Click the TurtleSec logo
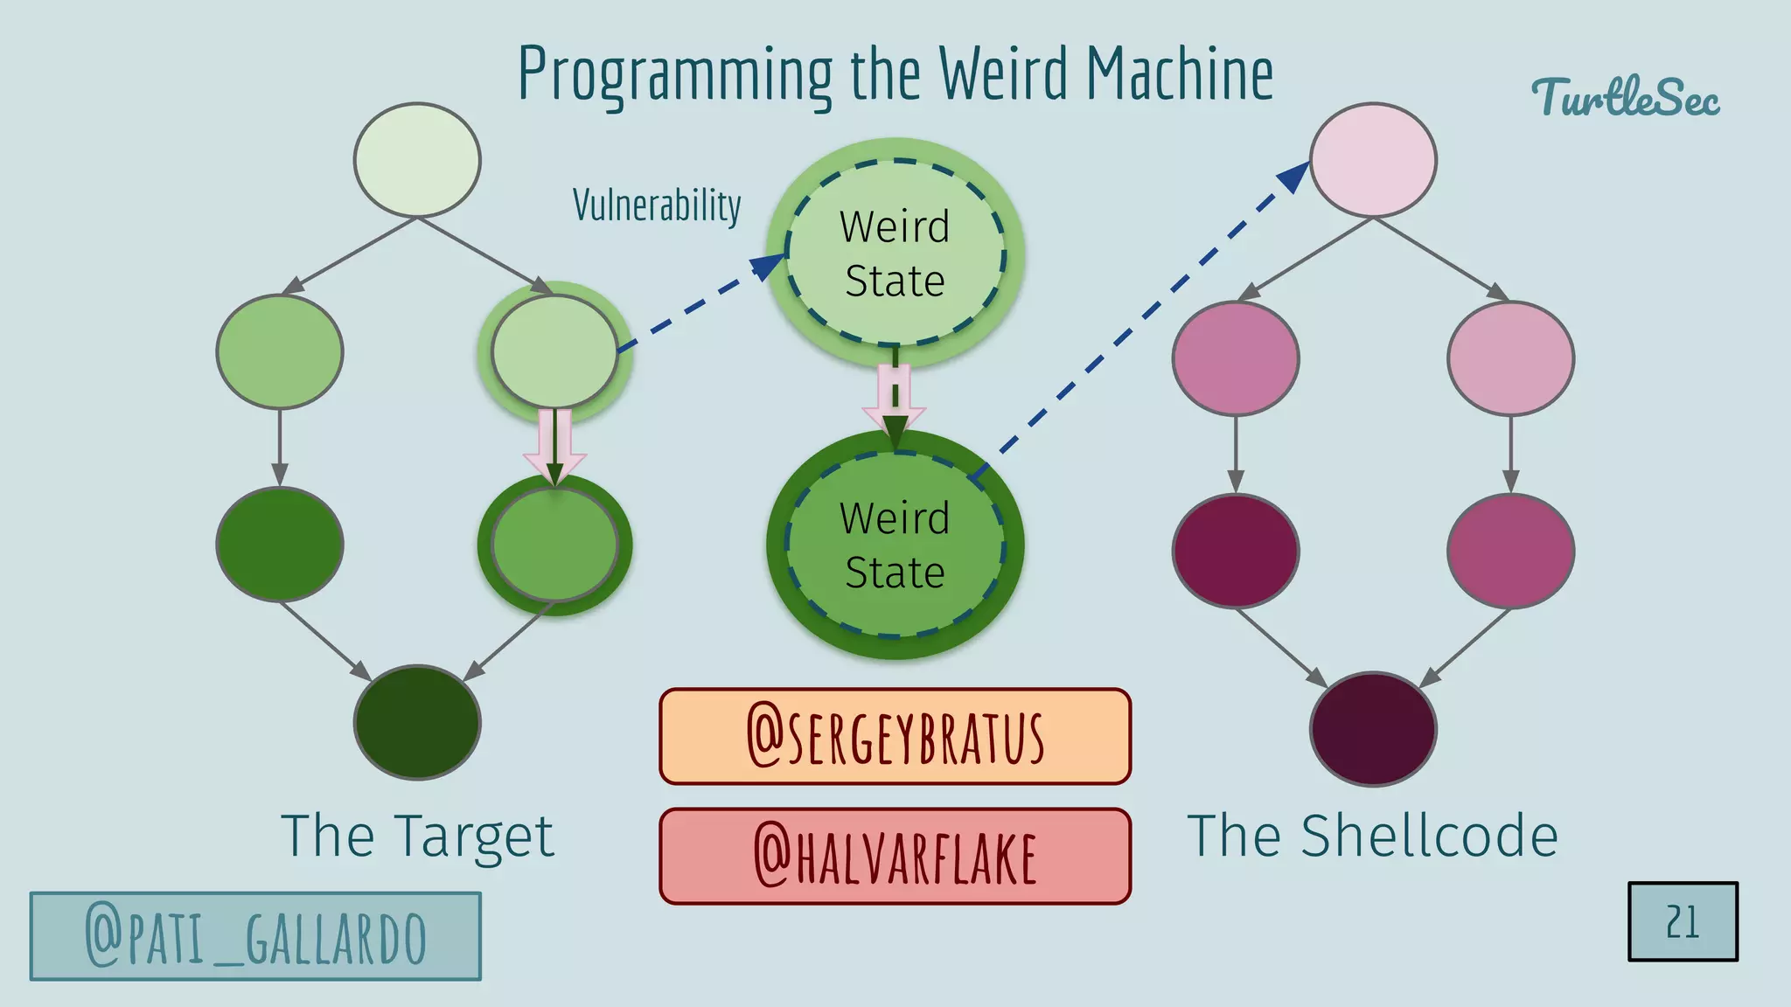point(1625,98)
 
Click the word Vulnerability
point(657,206)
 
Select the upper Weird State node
point(895,253)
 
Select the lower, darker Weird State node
point(895,545)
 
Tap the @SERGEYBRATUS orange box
point(895,737)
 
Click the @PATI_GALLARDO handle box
point(255,936)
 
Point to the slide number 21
point(1683,922)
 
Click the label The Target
point(417,837)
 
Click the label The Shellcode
point(1372,837)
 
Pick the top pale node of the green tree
point(417,160)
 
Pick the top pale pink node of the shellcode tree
point(1373,160)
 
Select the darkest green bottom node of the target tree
point(417,723)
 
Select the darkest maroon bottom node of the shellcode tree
point(1373,729)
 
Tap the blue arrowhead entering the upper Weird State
point(769,266)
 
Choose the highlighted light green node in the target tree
point(554,351)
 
